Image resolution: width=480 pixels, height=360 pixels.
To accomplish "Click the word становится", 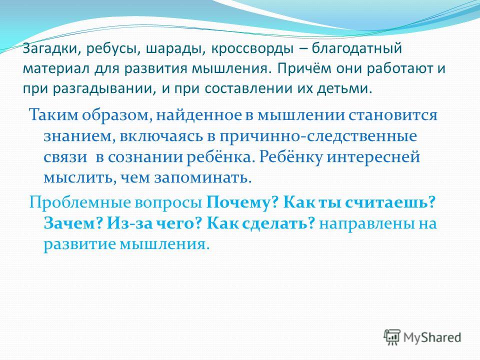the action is click(392, 115).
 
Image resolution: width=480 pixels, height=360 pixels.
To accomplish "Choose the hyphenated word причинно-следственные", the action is click(318, 136).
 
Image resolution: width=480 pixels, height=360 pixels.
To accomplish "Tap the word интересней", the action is click(373, 157).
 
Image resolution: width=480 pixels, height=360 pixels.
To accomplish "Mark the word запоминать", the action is click(203, 178).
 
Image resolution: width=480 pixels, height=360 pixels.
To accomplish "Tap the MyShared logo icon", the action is click(392, 338).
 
